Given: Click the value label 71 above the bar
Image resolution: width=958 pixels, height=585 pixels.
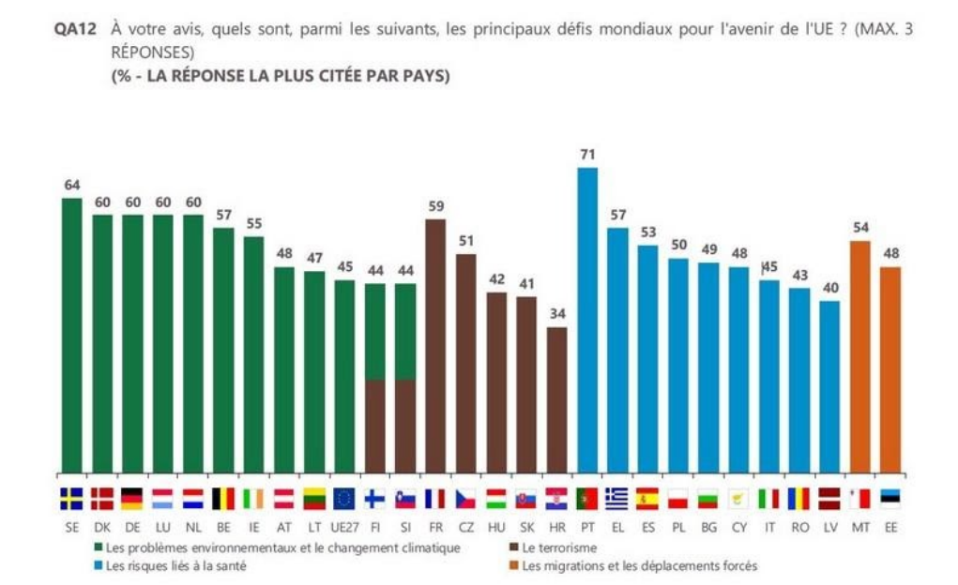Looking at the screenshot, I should coord(587,154).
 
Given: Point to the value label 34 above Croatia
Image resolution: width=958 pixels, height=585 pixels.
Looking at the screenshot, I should coord(556,313).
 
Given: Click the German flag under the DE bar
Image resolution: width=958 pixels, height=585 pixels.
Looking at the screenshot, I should coord(132,498).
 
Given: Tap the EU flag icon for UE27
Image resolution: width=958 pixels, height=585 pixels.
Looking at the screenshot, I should coord(344,498).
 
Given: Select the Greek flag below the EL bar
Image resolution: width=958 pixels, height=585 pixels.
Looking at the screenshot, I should coord(617,498).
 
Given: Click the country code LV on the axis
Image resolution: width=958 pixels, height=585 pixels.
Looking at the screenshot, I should coord(829,528).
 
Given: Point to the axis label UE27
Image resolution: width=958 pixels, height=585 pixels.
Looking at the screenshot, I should coord(344,528).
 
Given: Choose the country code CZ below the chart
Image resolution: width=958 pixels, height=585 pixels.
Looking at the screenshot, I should coord(465,528).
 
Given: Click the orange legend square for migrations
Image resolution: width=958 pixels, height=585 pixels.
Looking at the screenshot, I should coord(513,565).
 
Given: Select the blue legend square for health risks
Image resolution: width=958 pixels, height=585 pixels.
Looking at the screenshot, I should coord(99,565).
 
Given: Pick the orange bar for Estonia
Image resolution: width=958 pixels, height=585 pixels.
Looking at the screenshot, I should coord(890,369).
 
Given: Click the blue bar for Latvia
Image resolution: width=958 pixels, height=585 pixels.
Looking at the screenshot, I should coord(829,386).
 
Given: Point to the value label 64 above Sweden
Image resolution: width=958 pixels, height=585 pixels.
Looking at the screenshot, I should coord(71,184).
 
